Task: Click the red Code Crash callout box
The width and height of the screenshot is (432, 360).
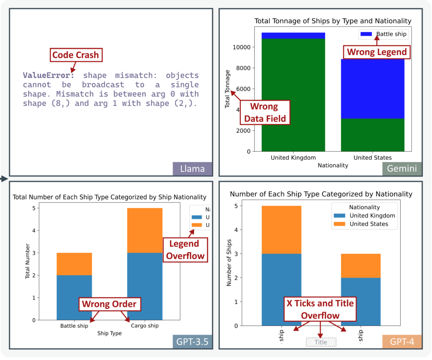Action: (x=75, y=55)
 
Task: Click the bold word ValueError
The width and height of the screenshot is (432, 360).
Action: (x=49, y=76)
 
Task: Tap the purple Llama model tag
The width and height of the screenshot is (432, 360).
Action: (x=192, y=169)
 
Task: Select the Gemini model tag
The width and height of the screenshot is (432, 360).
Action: (x=402, y=169)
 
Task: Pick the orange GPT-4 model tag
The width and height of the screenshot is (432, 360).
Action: (x=402, y=342)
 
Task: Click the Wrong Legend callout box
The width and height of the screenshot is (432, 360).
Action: (x=375, y=52)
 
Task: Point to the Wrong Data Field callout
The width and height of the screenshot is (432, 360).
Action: (x=265, y=112)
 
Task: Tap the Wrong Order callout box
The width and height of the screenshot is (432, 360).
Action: (x=109, y=304)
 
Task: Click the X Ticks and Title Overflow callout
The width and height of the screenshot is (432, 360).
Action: (x=320, y=309)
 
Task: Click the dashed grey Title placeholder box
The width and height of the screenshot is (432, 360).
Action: (x=321, y=342)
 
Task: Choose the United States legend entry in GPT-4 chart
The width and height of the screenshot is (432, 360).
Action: (x=363, y=224)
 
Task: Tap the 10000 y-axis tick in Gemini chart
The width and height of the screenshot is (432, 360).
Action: (x=247, y=47)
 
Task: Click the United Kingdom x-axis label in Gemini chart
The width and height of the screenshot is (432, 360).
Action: (x=293, y=158)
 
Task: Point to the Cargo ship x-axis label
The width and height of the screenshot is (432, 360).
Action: (x=145, y=326)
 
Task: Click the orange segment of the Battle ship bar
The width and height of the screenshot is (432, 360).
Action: (x=74, y=264)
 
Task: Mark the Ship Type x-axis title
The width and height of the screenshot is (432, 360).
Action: (x=110, y=333)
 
